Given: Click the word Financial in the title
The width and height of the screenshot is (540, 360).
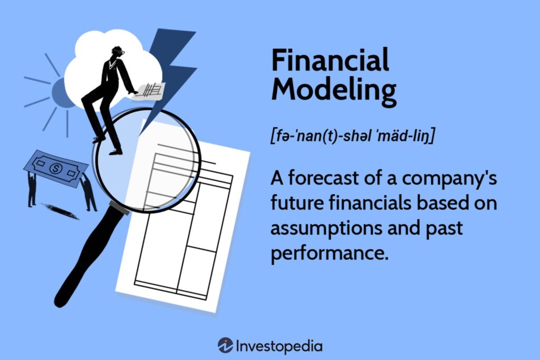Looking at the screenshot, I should [330, 60].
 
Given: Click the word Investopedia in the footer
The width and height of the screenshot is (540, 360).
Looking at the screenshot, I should [279, 346].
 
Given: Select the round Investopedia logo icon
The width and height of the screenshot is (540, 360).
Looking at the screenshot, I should [225, 345].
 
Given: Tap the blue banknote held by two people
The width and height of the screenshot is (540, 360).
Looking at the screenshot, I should [55, 168].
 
